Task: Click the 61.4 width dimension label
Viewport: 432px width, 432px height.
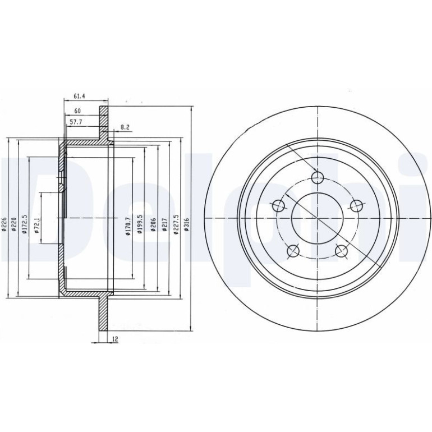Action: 79,96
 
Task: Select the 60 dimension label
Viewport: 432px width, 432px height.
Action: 77,111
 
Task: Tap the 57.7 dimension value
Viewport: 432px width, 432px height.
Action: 76,122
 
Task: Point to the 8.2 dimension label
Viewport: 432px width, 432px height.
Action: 125,127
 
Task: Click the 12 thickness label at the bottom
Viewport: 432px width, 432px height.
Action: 115,339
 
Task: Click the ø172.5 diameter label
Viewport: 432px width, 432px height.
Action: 25,224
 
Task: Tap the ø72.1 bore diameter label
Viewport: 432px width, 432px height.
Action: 37,226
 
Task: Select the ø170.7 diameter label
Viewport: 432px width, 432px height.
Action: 127,226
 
